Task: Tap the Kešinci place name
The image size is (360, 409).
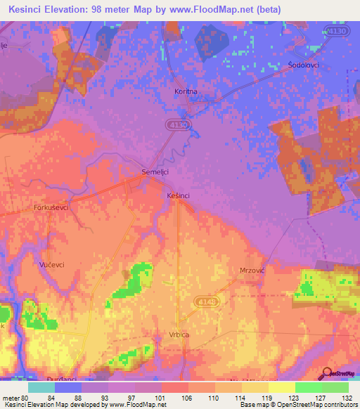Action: click(179, 195)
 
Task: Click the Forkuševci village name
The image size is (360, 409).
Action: click(51, 208)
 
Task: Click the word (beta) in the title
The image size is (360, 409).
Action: click(269, 10)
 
